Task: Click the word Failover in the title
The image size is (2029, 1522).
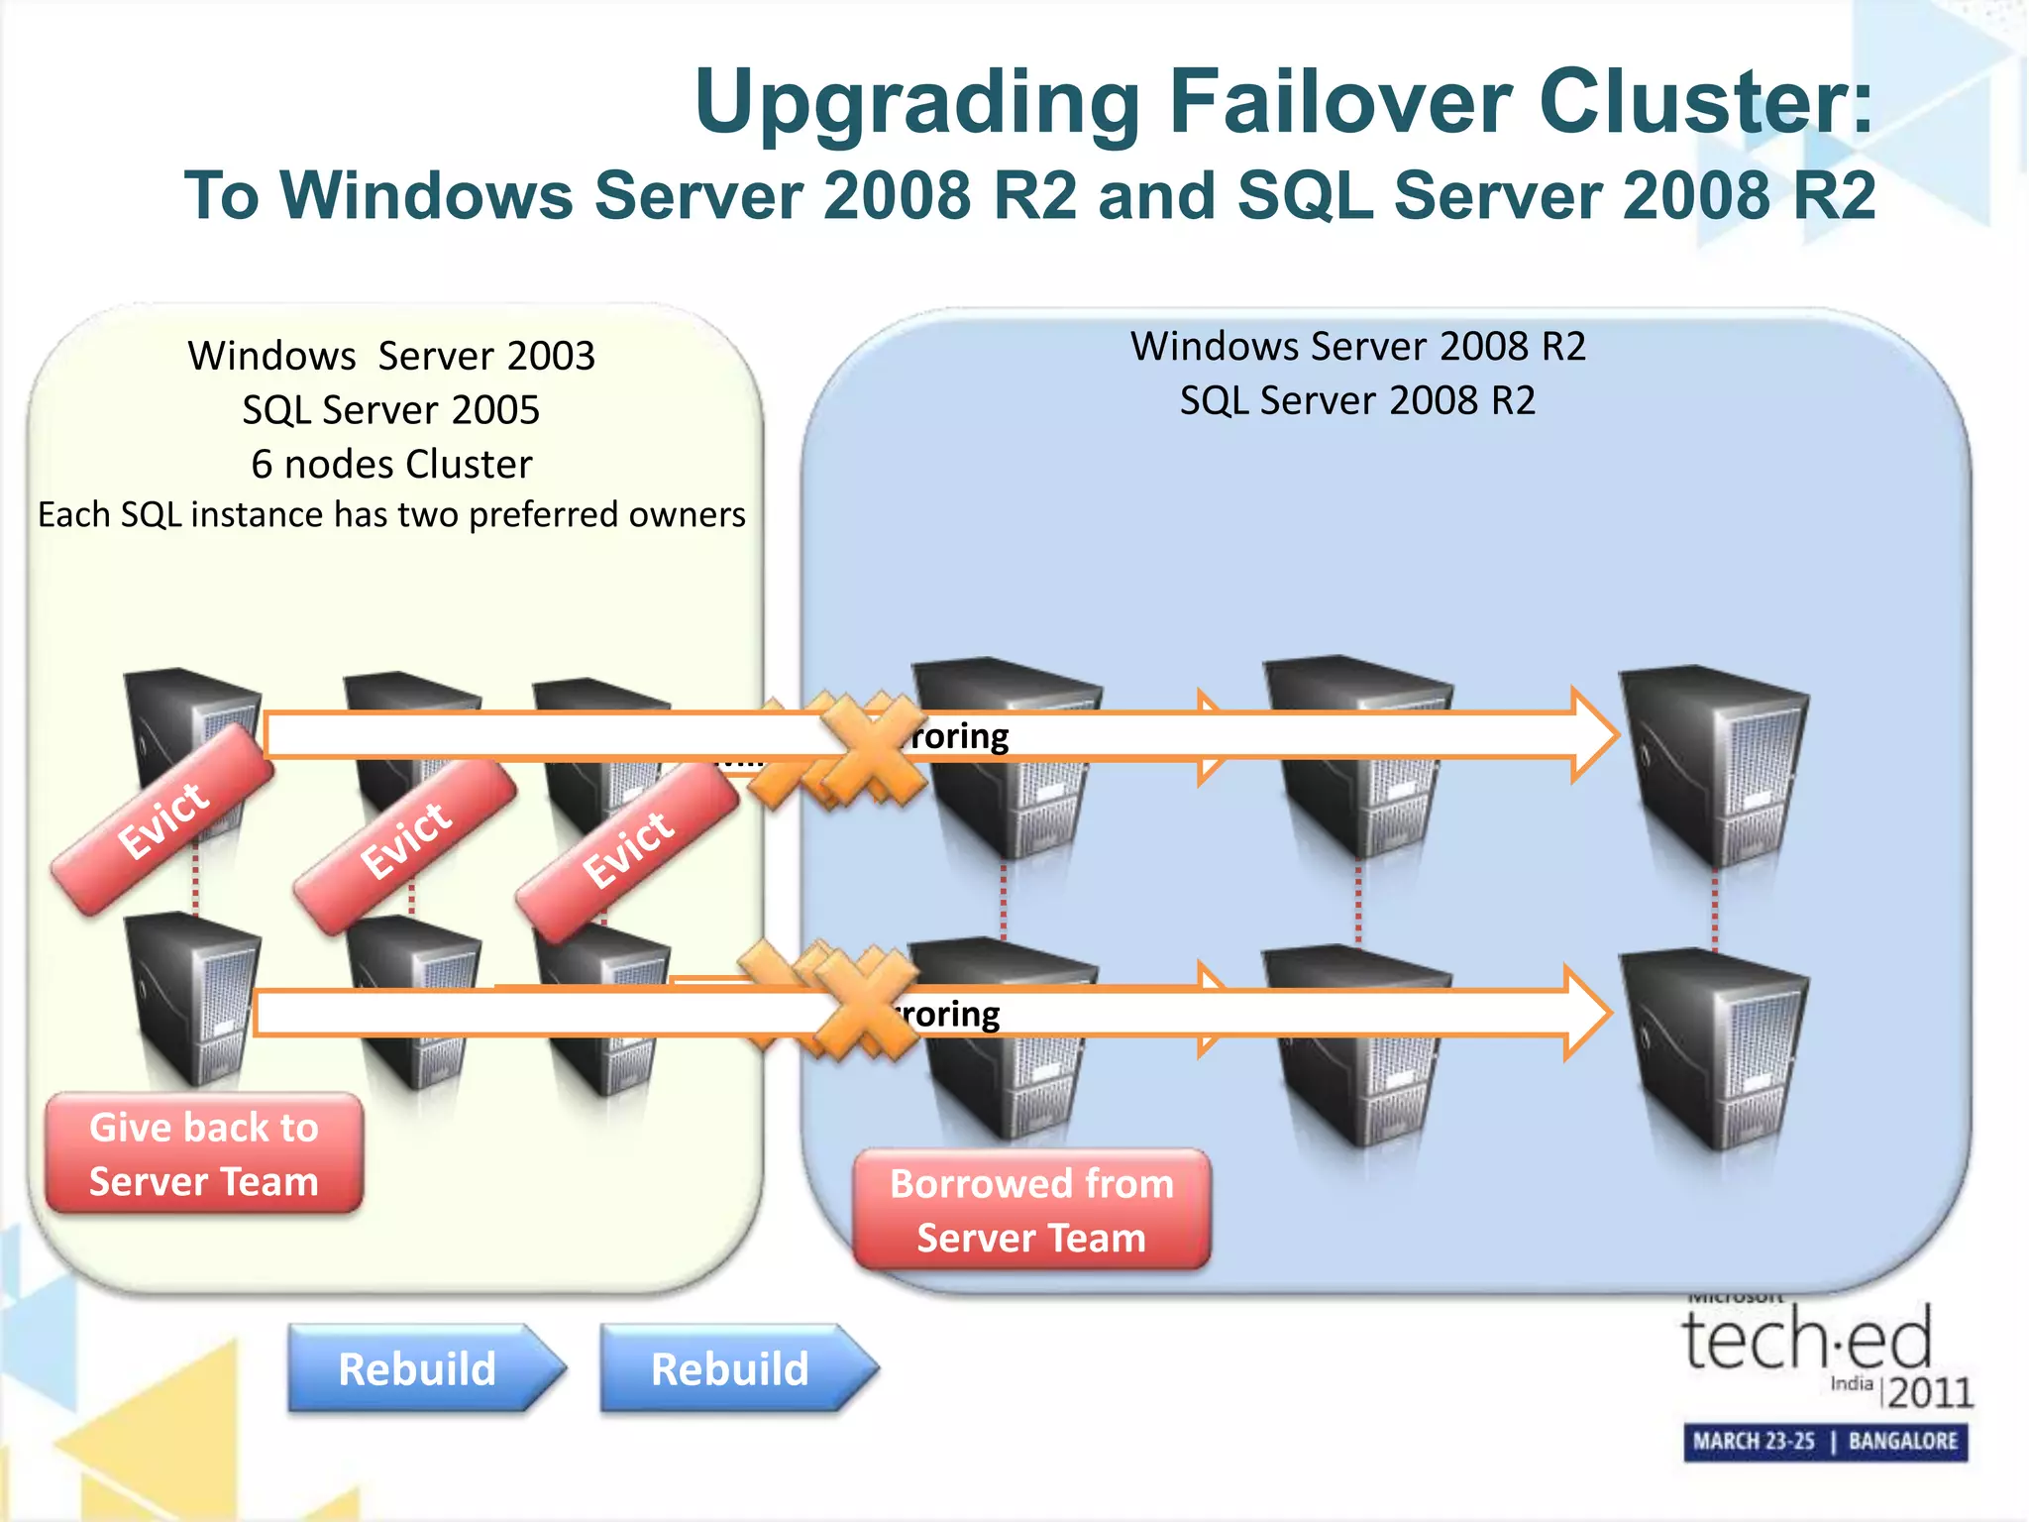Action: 1339,102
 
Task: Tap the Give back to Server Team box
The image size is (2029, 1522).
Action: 204,1153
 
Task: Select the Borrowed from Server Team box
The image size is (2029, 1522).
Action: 1031,1210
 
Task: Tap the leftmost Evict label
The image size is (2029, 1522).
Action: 163,819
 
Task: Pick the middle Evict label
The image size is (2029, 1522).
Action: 405,841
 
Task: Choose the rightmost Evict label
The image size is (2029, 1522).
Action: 627,850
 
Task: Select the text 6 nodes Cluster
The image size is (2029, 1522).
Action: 391,464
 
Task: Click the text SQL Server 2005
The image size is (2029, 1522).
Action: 391,410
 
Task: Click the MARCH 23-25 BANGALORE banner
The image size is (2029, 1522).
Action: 1825,1441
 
